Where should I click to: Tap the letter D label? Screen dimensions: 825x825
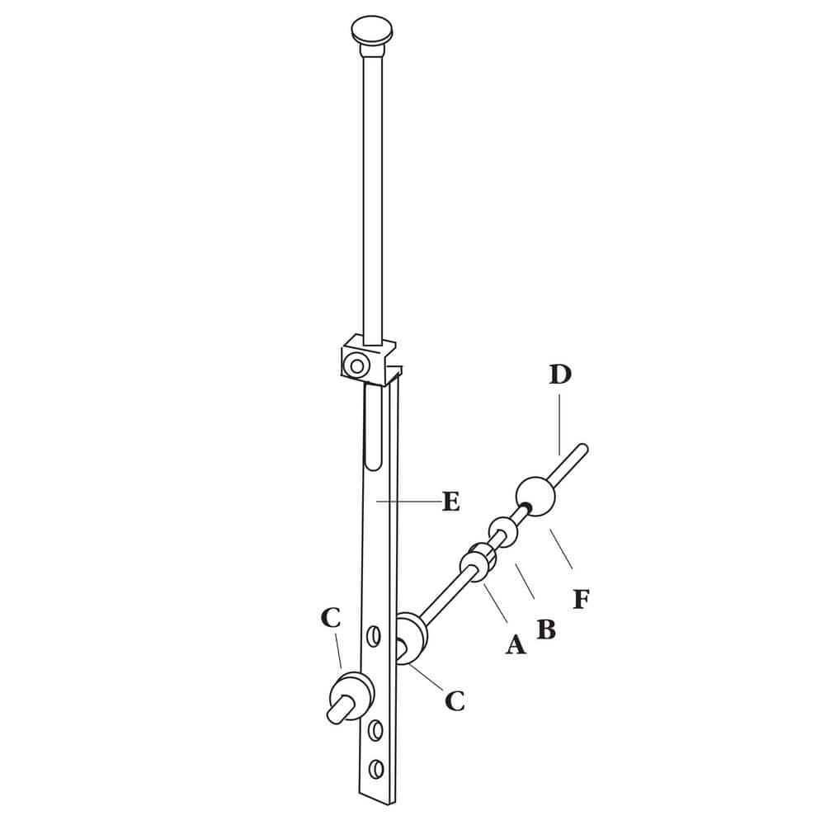[x=560, y=375]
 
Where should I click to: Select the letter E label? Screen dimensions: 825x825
[x=450, y=501]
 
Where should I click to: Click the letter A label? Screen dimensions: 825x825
[x=515, y=643]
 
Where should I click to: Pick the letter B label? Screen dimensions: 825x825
[x=545, y=629]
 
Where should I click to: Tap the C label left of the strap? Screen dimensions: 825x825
[x=331, y=618]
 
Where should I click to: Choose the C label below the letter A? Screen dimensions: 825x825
[x=455, y=700]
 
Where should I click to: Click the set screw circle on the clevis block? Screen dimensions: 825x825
[x=356, y=365]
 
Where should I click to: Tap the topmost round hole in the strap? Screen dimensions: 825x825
[x=374, y=637]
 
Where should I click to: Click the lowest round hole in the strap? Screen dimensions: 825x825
[x=377, y=768]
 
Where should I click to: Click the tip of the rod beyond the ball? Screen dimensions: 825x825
[x=582, y=450]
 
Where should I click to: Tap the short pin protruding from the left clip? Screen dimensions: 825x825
[x=338, y=709]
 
